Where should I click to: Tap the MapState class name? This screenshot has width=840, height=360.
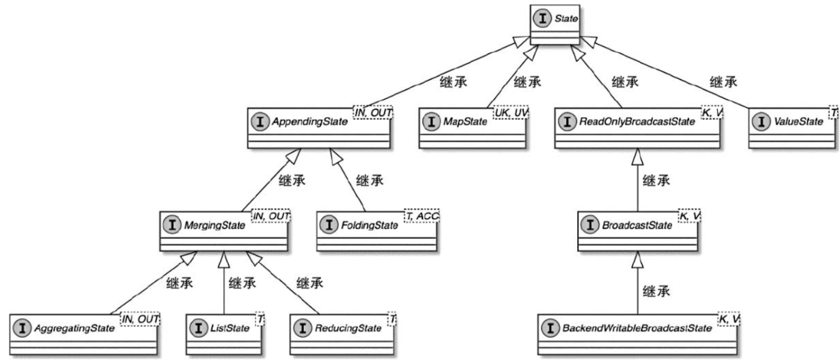465,121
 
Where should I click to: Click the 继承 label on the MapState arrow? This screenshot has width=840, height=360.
526,82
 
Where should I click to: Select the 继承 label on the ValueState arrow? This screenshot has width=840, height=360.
723,82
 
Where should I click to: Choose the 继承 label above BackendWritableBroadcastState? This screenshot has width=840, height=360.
656,291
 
